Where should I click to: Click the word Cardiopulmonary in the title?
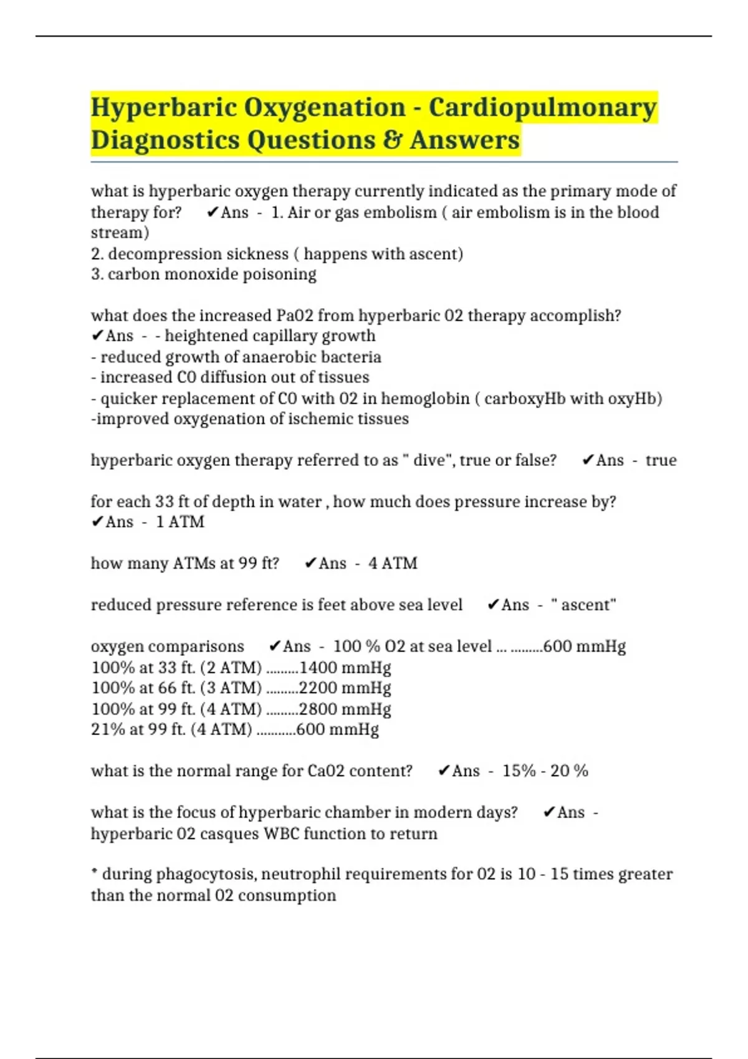[x=542, y=108]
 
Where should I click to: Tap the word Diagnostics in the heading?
[x=163, y=140]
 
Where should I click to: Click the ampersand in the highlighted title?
[x=392, y=140]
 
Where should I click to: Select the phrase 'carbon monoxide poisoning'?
[x=212, y=275]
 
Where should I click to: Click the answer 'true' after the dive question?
[x=661, y=460]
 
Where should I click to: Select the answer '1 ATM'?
[x=180, y=522]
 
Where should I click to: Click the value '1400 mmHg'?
[x=345, y=668]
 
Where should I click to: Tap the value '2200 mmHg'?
[x=345, y=688]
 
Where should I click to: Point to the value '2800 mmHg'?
[x=345, y=710]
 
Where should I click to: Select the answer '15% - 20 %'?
[x=545, y=771]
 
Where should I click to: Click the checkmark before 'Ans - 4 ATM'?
[x=310, y=564]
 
